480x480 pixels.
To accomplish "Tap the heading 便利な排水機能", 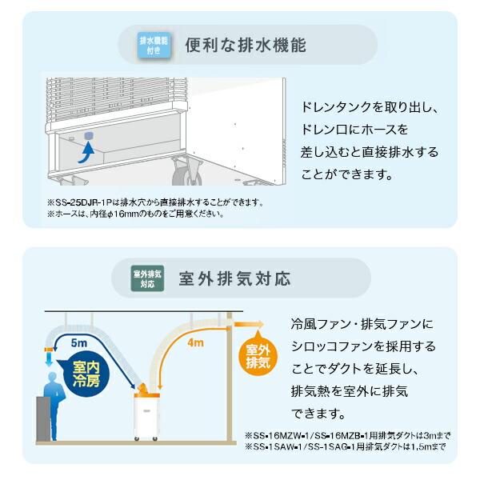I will tap(245, 46).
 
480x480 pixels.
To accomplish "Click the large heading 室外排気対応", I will tap(248, 279).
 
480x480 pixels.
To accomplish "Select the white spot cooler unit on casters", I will tap(149, 416).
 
